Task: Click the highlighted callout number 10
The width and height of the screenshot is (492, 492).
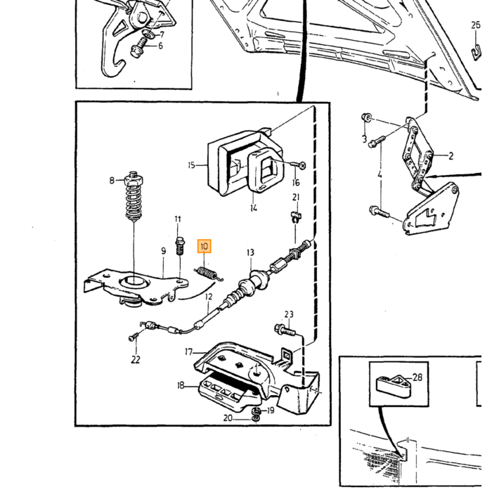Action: click(x=204, y=246)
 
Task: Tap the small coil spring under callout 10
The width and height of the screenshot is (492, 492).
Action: click(x=208, y=273)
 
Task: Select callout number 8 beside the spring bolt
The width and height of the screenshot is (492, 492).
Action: click(x=112, y=181)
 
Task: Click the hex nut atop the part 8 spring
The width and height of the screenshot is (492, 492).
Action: click(x=134, y=180)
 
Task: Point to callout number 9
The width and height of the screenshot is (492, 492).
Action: click(x=164, y=251)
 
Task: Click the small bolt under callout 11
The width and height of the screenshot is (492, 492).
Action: click(x=179, y=246)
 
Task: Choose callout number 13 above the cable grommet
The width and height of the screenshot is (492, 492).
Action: click(x=250, y=252)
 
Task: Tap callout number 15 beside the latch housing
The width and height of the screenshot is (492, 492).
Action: click(x=191, y=165)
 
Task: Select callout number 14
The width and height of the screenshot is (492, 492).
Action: click(x=254, y=208)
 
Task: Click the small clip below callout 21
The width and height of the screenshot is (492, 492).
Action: click(x=295, y=216)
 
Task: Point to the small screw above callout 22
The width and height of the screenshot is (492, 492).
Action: click(x=132, y=337)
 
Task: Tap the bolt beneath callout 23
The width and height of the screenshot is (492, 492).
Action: click(x=285, y=330)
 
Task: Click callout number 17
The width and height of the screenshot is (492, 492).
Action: click(x=188, y=352)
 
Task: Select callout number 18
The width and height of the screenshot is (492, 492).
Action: click(x=181, y=385)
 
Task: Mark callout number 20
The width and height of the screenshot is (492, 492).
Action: click(x=228, y=418)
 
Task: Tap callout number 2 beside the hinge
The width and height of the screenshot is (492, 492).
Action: click(x=451, y=156)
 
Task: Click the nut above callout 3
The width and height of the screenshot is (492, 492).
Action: click(x=366, y=118)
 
